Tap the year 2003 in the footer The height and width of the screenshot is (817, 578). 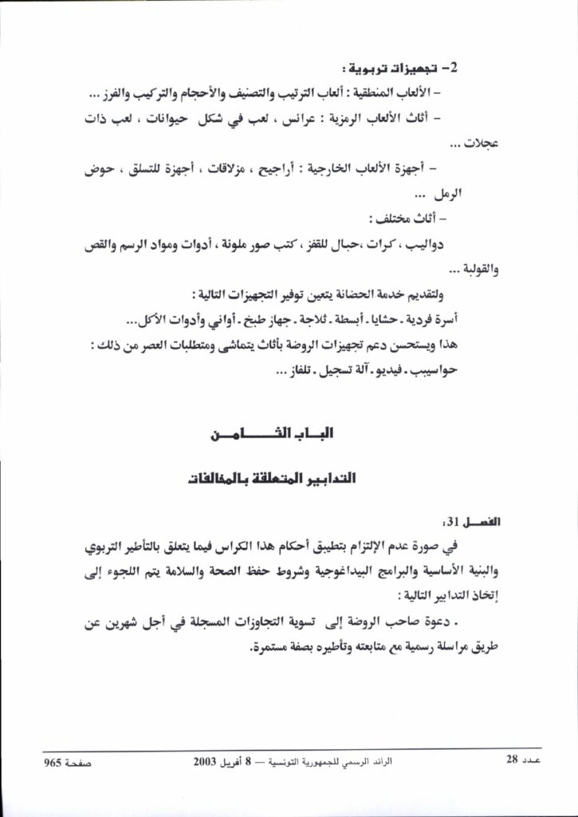206,761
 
